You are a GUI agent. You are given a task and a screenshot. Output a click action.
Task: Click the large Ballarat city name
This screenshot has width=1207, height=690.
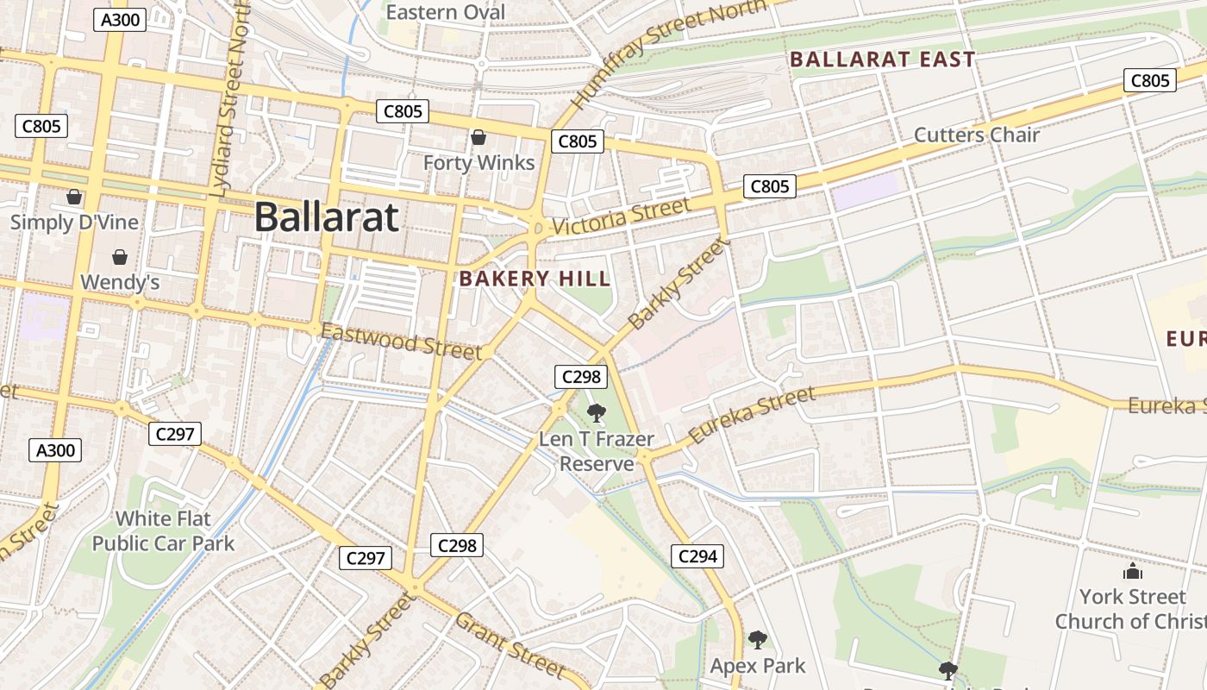pyautogui.click(x=327, y=216)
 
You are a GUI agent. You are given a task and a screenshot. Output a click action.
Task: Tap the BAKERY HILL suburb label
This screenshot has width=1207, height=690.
pyautogui.click(x=535, y=279)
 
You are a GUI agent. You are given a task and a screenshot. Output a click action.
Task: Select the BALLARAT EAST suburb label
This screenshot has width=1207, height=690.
pyautogui.click(x=882, y=60)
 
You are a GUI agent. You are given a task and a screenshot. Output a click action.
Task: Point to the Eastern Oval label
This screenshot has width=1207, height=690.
pyautogui.click(x=445, y=12)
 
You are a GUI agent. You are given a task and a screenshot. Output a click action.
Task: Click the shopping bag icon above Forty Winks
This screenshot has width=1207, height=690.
pyautogui.click(x=478, y=137)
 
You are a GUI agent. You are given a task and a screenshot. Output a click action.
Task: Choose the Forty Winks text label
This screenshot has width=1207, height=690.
pyautogui.click(x=478, y=162)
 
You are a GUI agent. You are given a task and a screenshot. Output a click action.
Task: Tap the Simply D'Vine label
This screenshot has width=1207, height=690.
pyautogui.click(x=74, y=222)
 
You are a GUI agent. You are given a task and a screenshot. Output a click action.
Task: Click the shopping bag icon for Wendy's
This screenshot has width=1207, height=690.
pyautogui.click(x=120, y=257)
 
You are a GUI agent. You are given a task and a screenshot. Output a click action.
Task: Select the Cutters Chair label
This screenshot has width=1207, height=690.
pyautogui.click(x=976, y=135)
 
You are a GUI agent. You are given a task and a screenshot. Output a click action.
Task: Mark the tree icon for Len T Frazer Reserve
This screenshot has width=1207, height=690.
pyautogui.click(x=596, y=413)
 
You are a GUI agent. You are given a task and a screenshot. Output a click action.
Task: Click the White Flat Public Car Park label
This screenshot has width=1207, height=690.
pyautogui.click(x=163, y=530)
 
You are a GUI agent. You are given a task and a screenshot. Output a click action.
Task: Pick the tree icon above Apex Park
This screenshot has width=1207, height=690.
pyautogui.click(x=757, y=640)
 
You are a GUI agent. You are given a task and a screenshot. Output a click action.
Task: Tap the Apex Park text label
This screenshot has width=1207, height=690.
pyautogui.click(x=757, y=666)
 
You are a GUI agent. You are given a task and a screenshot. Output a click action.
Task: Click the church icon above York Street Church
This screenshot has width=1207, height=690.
pyautogui.click(x=1132, y=572)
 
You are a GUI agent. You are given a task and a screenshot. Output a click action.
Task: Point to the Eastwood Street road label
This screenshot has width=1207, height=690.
pyautogui.click(x=401, y=341)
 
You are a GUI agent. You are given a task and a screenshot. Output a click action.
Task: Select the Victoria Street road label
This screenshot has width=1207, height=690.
pyautogui.click(x=621, y=216)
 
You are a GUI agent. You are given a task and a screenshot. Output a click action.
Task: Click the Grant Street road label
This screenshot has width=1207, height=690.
pyautogui.click(x=510, y=644)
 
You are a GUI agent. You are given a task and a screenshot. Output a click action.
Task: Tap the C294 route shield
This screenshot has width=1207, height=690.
pyautogui.click(x=697, y=556)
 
